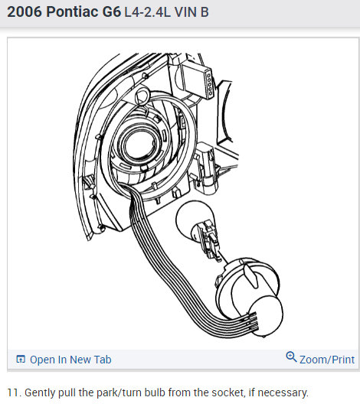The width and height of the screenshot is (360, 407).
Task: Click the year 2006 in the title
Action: click(x=25, y=12)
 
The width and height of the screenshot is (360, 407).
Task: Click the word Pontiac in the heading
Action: click(x=70, y=12)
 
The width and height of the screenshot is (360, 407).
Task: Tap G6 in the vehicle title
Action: click(x=111, y=12)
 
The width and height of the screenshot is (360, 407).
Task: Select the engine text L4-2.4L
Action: click(x=147, y=12)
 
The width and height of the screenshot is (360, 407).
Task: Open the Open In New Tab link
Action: click(x=70, y=360)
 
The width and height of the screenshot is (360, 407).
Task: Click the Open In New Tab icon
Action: click(x=21, y=360)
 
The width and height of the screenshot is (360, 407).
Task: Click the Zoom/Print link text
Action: click(x=327, y=360)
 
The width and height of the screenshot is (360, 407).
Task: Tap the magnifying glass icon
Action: click(x=291, y=357)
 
